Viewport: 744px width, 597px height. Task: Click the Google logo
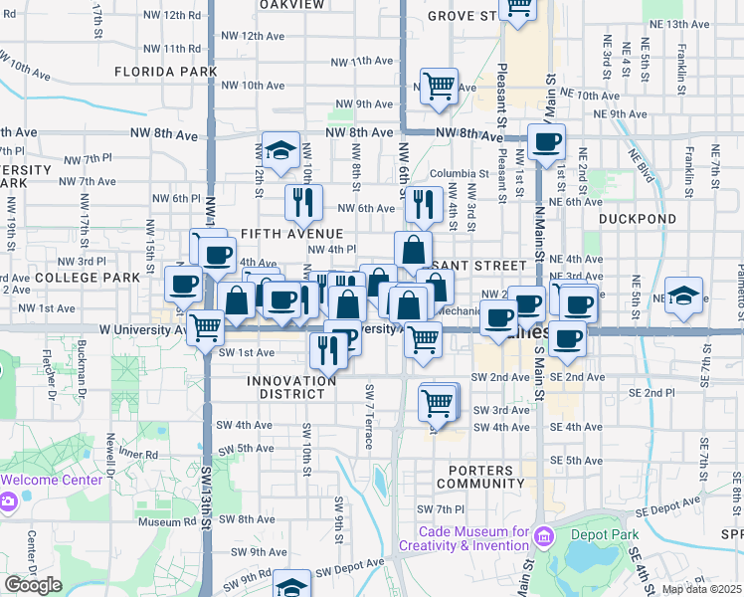tap(33, 585)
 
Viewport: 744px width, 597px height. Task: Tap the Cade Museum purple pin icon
tap(543, 538)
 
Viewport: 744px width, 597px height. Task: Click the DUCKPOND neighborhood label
tap(638, 219)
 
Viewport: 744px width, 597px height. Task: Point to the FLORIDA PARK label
tap(165, 72)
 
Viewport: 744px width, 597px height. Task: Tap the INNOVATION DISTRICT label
tap(291, 387)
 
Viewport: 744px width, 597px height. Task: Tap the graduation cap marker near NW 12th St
tap(281, 149)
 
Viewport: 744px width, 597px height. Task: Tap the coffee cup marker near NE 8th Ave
tap(546, 140)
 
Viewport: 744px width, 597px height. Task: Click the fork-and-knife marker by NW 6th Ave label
tap(424, 203)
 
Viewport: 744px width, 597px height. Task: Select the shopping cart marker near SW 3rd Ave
tap(438, 402)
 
